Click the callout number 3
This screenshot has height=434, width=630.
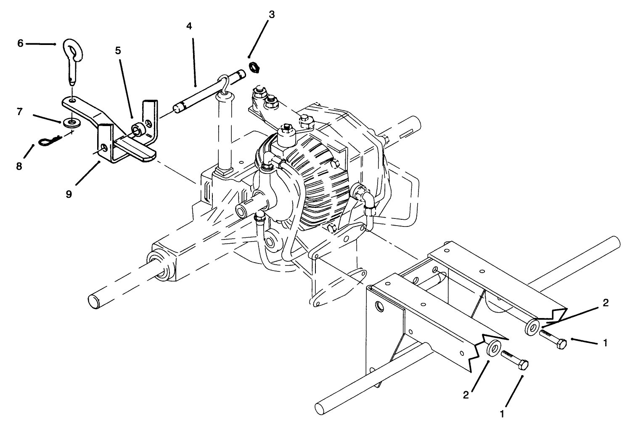(x=271, y=15)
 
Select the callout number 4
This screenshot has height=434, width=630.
(x=189, y=26)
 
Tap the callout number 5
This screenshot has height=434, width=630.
(x=118, y=51)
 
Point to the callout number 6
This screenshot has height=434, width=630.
(x=20, y=43)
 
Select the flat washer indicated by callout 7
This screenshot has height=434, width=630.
(x=72, y=123)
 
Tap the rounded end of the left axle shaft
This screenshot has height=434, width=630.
(x=93, y=300)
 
